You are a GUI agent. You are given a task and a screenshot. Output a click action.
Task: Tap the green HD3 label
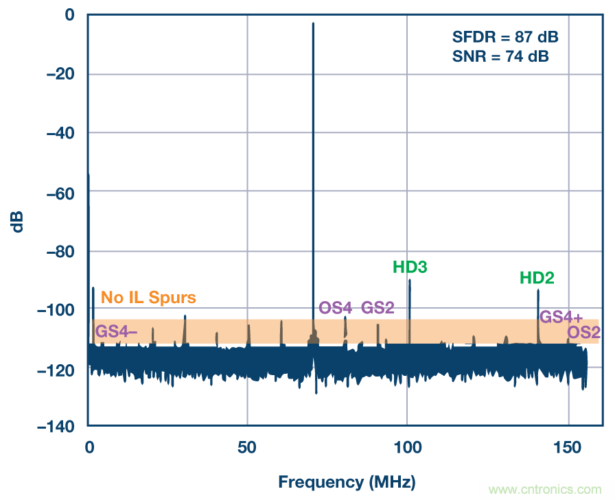pyautogui.click(x=410, y=267)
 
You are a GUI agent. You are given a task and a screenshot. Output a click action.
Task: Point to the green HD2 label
pyautogui.click(x=537, y=278)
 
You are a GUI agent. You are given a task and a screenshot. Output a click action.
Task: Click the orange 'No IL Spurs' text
pyautogui.click(x=148, y=298)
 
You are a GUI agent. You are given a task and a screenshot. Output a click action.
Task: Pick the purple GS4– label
pyautogui.click(x=116, y=331)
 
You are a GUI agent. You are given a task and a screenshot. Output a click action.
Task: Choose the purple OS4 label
pyautogui.click(x=336, y=308)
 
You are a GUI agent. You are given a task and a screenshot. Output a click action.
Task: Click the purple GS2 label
pyautogui.click(x=378, y=308)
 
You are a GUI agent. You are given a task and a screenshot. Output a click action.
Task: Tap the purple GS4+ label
pyautogui.click(x=561, y=317)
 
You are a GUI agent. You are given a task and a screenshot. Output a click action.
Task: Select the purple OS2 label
pyautogui.click(x=583, y=333)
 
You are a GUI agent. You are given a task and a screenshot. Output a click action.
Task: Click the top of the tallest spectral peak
pyautogui.click(x=313, y=23)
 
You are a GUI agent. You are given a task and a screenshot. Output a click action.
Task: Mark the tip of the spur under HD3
pyautogui.click(x=410, y=280)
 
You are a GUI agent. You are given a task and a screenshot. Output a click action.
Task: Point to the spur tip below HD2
pyautogui.click(x=538, y=290)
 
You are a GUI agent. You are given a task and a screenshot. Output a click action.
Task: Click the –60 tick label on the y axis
pyautogui.click(x=60, y=193)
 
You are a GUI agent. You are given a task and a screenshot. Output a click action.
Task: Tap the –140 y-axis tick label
pyautogui.click(x=57, y=427)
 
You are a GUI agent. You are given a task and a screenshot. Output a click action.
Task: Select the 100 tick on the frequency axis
pyautogui.click(x=408, y=447)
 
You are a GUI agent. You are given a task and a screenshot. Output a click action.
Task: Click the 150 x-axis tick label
pyautogui.click(x=568, y=447)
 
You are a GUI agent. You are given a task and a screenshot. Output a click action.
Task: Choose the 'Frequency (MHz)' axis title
pyautogui.click(x=347, y=482)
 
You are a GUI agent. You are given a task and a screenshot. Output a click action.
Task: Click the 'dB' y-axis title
pyautogui.click(x=19, y=221)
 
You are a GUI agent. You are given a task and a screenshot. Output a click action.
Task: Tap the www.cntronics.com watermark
pyautogui.click(x=544, y=490)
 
